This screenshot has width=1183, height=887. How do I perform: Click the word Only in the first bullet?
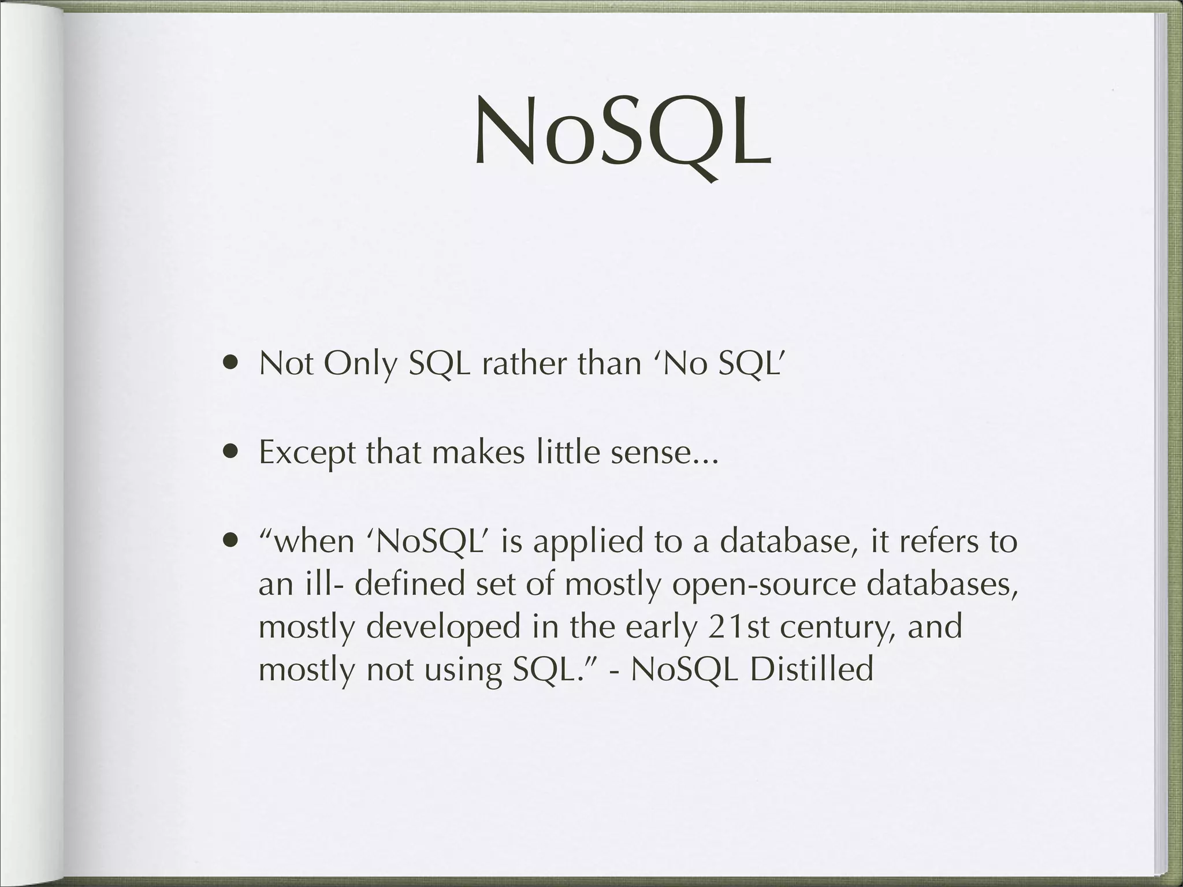click(x=360, y=364)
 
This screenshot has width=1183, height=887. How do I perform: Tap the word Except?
click(x=306, y=453)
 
